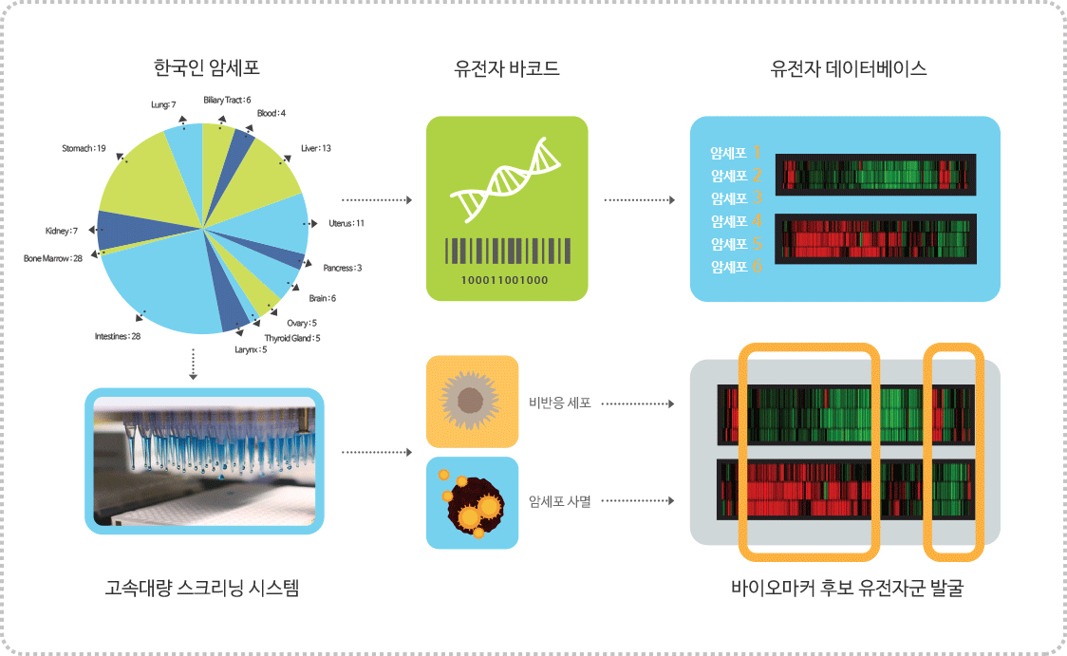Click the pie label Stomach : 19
(x=84, y=148)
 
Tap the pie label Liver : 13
(x=316, y=148)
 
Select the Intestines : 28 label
(x=118, y=336)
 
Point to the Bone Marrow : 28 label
(x=53, y=258)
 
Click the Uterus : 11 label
(x=346, y=223)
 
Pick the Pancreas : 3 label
(x=343, y=268)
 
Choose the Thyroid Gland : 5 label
(x=292, y=338)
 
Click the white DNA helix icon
(x=505, y=179)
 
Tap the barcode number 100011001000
(x=504, y=280)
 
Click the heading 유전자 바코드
(x=507, y=68)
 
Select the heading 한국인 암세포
(x=207, y=68)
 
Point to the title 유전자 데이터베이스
(x=849, y=68)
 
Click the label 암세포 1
(x=736, y=153)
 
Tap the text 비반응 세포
(x=560, y=403)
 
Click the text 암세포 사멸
(x=560, y=501)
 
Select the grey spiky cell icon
(x=470, y=401)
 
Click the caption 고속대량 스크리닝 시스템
(x=202, y=588)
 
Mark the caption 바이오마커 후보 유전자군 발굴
(x=847, y=588)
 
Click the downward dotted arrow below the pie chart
(x=194, y=364)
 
